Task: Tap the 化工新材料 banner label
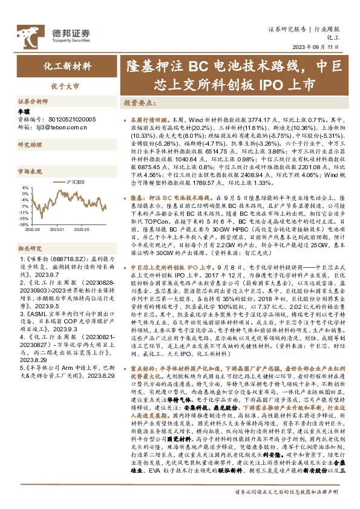tap(63, 65)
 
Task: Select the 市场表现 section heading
tap(30, 171)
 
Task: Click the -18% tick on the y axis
tap(24, 221)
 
